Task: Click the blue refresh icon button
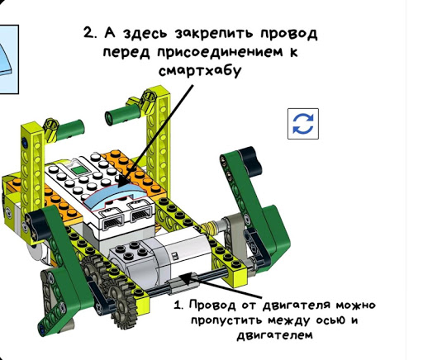303,123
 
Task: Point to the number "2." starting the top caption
92,34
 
